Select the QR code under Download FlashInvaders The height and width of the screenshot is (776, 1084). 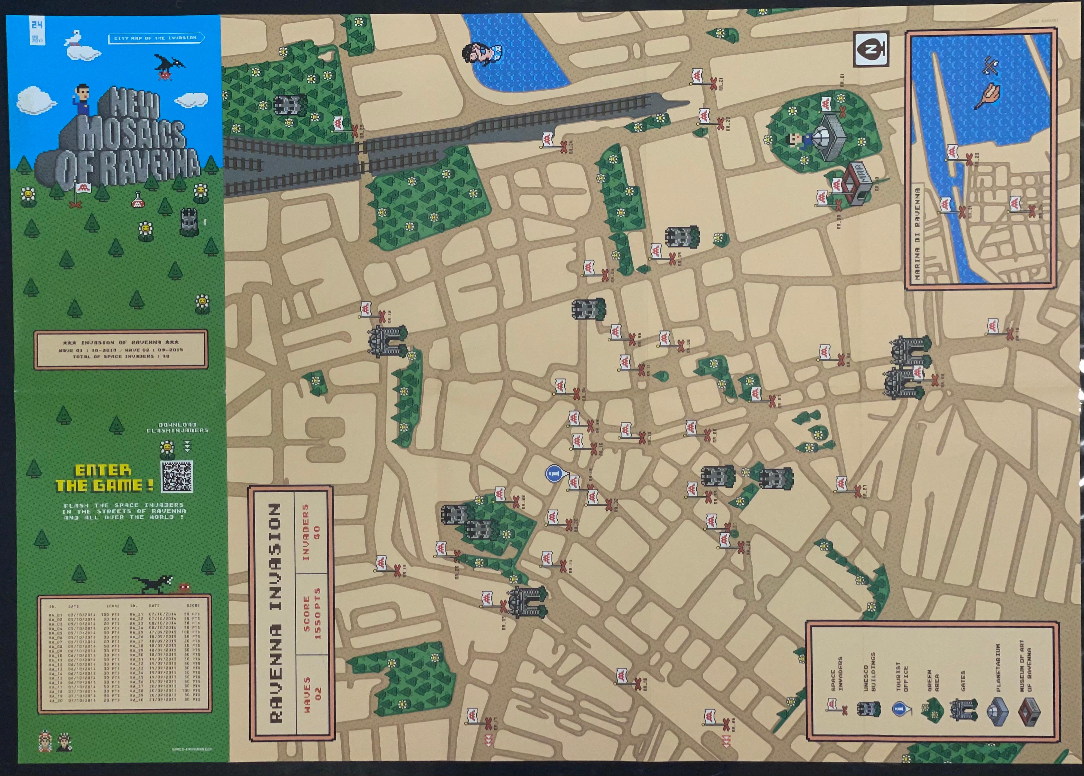pos(177,476)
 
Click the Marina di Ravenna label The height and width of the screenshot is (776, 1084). pos(917,234)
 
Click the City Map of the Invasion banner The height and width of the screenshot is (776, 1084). pos(156,38)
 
